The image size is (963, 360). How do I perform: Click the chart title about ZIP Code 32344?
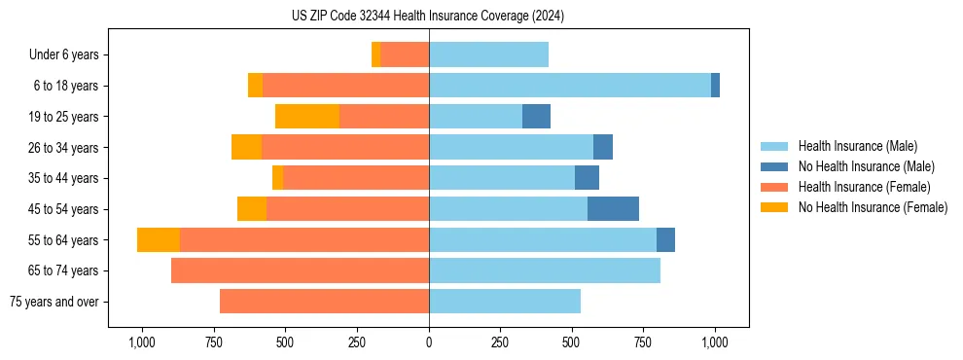coord(428,17)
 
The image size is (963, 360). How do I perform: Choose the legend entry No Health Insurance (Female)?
coord(873,207)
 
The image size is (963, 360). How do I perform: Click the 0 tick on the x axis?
coord(429,342)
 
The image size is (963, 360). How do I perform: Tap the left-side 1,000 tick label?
coord(142,342)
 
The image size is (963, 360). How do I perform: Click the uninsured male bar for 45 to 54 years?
coord(613,209)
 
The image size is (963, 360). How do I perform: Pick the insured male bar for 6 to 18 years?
coord(570,86)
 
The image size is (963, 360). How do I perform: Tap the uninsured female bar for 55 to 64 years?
coord(159,240)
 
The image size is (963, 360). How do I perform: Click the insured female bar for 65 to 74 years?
coord(300,270)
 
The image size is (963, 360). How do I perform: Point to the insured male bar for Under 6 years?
coord(488,55)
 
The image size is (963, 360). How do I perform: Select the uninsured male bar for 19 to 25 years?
coord(536,117)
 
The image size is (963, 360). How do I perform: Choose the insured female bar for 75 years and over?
coord(324,302)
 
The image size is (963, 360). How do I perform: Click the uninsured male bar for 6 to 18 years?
coord(715,86)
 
